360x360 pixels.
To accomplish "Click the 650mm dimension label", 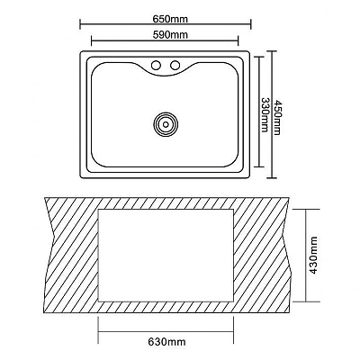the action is click(170, 19).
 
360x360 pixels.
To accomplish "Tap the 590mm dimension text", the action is click(170, 35).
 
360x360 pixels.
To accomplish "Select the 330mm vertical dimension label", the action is click(264, 114).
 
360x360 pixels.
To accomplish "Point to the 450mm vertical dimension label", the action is click(276, 117).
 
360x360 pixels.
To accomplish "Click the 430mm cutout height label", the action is click(313, 256).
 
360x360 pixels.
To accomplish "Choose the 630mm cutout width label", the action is click(166, 341).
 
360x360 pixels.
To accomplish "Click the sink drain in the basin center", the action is click(166, 123).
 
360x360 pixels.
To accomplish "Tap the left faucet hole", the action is click(156, 65).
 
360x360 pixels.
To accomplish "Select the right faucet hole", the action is click(175, 65).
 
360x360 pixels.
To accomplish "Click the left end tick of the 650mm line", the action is click(80, 24).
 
